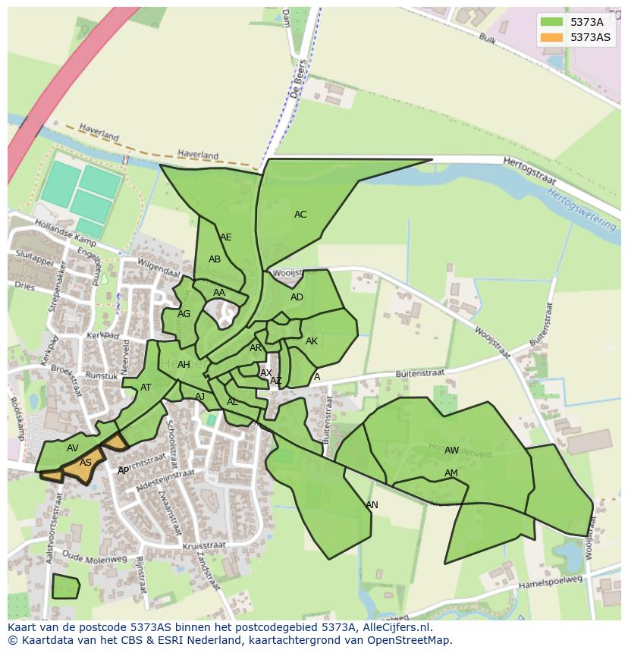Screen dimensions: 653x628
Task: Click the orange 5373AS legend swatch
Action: point(551,37)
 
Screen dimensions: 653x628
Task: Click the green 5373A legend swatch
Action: point(551,22)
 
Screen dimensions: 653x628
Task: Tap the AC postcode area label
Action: point(300,215)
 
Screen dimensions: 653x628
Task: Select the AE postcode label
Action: point(225,237)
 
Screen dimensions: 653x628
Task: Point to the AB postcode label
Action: point(215,259)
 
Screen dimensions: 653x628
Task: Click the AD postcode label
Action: point(297,297)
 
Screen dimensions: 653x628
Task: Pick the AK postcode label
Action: point(312,341)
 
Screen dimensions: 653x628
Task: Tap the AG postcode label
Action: point(184,314)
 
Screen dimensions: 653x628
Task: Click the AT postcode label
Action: point(146,388)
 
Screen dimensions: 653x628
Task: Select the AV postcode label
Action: point(72,448)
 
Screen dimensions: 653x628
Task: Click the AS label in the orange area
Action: point(86,463)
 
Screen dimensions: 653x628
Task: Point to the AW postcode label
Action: point(451,451)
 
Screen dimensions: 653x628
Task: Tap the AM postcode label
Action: point(451,473)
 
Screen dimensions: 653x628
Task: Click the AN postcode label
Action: point(372,505)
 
